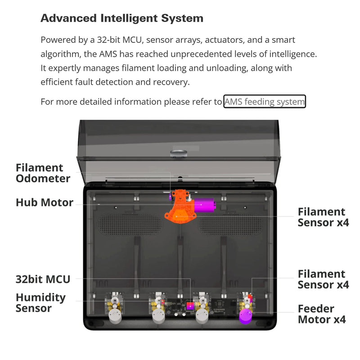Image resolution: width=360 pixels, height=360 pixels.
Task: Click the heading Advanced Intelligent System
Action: (122, 18)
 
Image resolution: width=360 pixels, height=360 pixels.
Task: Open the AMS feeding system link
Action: (265, 102)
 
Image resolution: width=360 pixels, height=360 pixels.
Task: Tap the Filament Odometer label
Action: (43, 173)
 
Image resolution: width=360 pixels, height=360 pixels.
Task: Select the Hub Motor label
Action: (45, 202)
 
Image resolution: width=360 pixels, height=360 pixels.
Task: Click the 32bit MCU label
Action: (43, 279)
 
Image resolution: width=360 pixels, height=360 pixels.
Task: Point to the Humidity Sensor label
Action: (40, 303)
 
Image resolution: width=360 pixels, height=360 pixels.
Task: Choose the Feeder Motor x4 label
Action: (322, 314)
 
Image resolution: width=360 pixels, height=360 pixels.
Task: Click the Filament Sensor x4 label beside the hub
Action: (323, 217)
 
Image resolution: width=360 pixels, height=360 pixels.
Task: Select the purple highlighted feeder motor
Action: (246, 315)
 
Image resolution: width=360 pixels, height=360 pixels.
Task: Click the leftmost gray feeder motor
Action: (115, 316)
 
